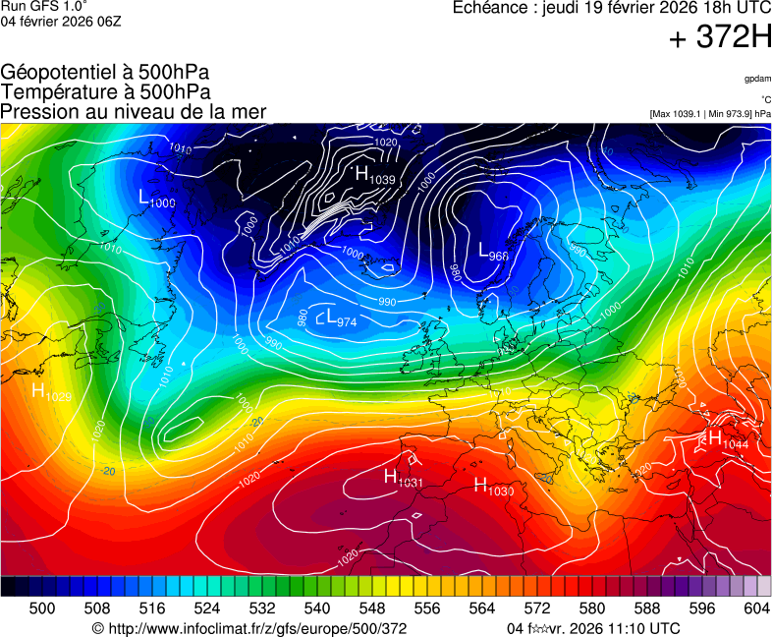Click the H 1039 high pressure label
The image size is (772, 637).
[374, 176]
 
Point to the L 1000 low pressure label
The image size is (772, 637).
[157, 199]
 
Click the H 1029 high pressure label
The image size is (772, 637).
[52, 393]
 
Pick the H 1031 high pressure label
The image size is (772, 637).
[403, 479]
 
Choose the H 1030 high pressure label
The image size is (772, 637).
[494, 486]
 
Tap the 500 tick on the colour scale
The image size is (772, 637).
[42, 609]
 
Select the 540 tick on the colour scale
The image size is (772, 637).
[317, 609]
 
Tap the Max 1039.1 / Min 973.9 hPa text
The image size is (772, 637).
[710, 114]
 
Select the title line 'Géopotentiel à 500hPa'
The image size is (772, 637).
[105, 73]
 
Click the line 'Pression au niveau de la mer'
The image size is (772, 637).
[134, 111]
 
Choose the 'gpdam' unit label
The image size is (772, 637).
[757, 78]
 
